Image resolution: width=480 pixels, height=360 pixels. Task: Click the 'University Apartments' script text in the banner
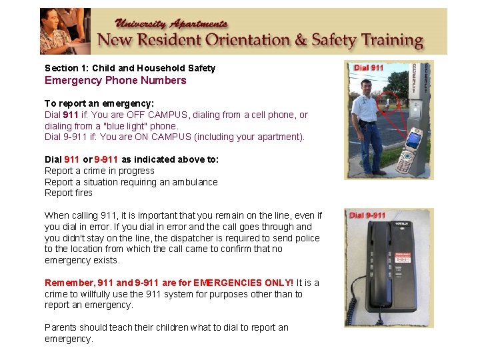coord(173,23)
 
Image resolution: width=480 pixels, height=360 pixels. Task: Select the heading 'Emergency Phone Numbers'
coord(115,81)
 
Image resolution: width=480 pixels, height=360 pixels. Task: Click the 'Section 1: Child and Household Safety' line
coord(130,68)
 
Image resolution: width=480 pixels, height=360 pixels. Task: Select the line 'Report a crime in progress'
coord(99,171)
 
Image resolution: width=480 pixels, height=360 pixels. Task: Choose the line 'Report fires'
coord(69,193)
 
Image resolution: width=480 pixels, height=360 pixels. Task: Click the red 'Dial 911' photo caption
coord(369,67)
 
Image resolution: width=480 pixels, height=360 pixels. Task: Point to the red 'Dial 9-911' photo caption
coord(368,215)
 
